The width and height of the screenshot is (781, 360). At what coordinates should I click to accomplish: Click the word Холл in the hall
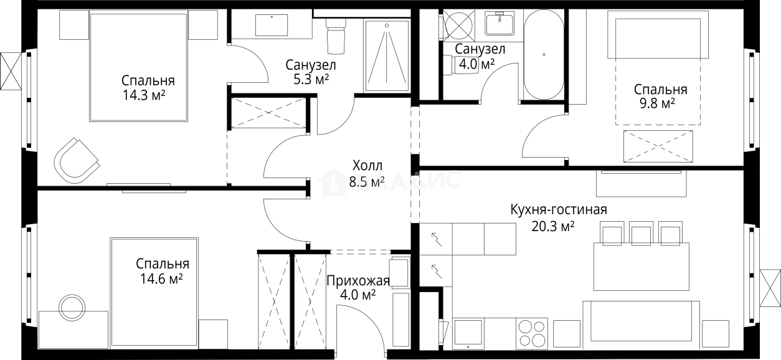pyautogui.click(x=367, y=166)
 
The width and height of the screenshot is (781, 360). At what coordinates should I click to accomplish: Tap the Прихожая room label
pyautogui.click(x=357, y=281)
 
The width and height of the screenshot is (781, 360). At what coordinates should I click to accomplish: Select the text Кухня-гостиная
pyautogui.click(x=558, y=209)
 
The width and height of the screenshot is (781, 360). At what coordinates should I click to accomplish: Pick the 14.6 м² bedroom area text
pyautogui.click(x=162, y=279)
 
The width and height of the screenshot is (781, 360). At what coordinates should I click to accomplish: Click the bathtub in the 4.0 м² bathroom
pyautogui.click(x=543, y=55)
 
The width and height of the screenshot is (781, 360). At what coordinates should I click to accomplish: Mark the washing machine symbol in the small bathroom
pyautogui.click(x=459, y=26)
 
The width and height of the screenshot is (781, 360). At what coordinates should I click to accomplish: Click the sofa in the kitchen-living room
pyautogui.click(x=640, y=321)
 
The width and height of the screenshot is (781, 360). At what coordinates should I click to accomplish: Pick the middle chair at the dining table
pyautogui.click(x=641, y=234)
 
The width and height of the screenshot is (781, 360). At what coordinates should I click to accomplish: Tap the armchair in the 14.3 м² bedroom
pyautogui.click(x=77, y=158)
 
